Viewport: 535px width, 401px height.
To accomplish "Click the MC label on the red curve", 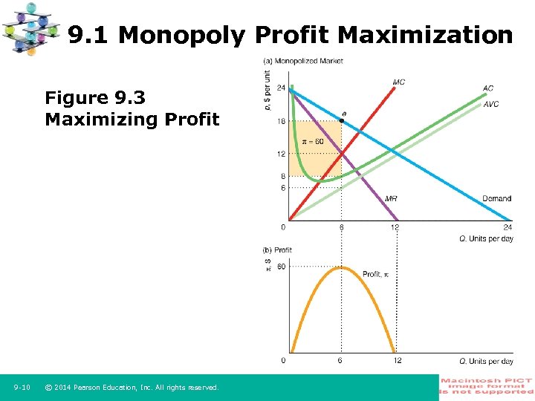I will [399, 82].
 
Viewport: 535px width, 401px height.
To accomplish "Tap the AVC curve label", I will [490, 104].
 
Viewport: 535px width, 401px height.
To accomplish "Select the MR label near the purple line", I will [391, 198].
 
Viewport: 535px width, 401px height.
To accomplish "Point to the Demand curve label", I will [496, 198].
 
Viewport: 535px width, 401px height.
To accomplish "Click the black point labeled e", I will [342, 120].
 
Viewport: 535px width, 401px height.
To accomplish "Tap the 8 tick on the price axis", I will [283, 176].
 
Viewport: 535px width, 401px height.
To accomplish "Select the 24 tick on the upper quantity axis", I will [508, 227].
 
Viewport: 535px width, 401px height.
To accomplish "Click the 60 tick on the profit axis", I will [281, 267].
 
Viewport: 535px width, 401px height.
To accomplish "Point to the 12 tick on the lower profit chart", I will [397, 361].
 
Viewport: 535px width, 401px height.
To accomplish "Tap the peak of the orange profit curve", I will [341, 267].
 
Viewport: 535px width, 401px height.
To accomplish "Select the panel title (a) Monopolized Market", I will [303, 61].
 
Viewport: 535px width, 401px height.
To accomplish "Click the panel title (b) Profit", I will [277, 250].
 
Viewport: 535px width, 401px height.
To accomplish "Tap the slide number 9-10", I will [22, 387].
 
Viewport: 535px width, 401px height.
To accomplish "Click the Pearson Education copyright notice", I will [132, 387].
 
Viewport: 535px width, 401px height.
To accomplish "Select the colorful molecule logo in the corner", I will [32, 28].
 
